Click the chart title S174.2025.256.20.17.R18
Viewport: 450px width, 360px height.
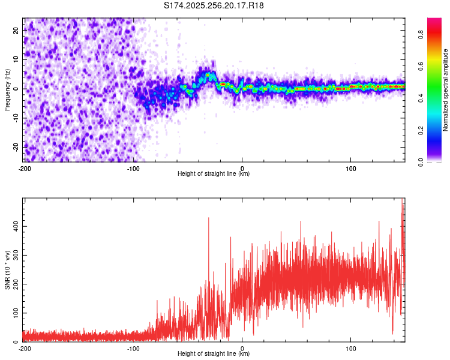coord(214,6)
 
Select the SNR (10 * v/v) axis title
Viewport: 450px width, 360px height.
coord(7,270)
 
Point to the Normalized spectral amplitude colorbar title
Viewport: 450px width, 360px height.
coord(445,89)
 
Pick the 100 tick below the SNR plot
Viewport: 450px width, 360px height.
coord(351,348)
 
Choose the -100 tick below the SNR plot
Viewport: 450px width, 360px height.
coord(133,348)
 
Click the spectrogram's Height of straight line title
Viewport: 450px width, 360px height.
coord(214,174)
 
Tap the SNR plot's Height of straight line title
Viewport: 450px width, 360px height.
coord(214,354)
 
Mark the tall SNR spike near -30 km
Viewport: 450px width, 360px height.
coord(209,218)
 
